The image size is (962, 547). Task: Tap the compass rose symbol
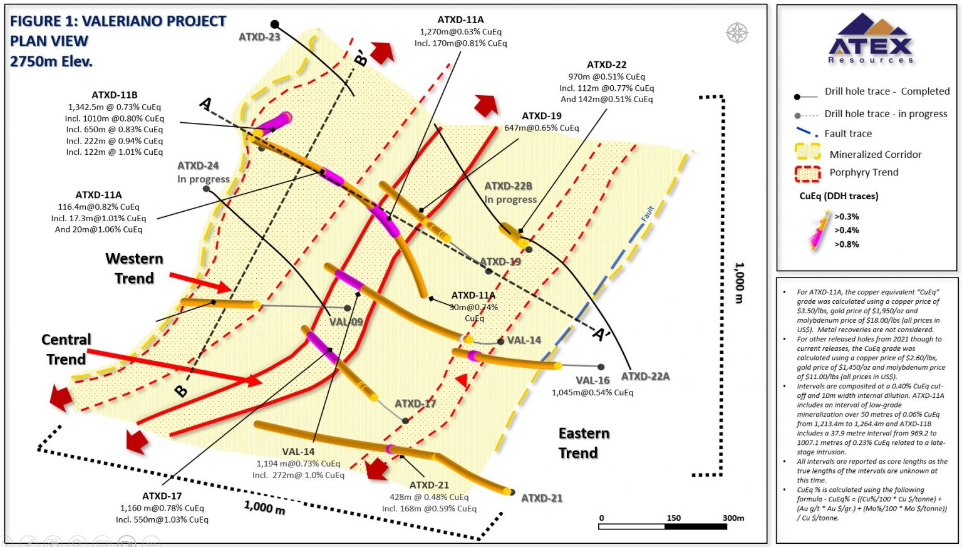tap(737, 33)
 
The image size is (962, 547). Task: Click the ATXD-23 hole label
tap(259, 37)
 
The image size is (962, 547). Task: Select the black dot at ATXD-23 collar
tap(274, 24)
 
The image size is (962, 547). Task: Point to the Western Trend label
tap(134, 268)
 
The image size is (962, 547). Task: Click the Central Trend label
tap(66, 349)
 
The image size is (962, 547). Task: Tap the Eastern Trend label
tap(584, 443)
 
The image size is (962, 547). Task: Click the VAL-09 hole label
tap(346, 321)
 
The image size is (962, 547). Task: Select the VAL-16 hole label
tap(592, 380)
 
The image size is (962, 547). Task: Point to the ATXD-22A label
tap(645, 376)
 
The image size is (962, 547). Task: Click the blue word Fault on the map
tap(648, 214)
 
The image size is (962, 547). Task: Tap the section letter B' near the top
tap(361, 60)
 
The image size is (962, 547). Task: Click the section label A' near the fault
tap(601, 334)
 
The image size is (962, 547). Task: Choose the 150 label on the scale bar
tap(673, 518)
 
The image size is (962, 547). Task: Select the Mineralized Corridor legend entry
tap(875, 154)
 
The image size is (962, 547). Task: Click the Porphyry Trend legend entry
tap(864, 172)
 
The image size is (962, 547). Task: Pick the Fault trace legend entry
tap(848, 133)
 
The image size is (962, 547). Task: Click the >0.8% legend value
tap(846, 244)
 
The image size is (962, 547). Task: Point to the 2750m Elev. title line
tap(51, 61)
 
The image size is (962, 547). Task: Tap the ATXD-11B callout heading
tap(115, 95)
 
